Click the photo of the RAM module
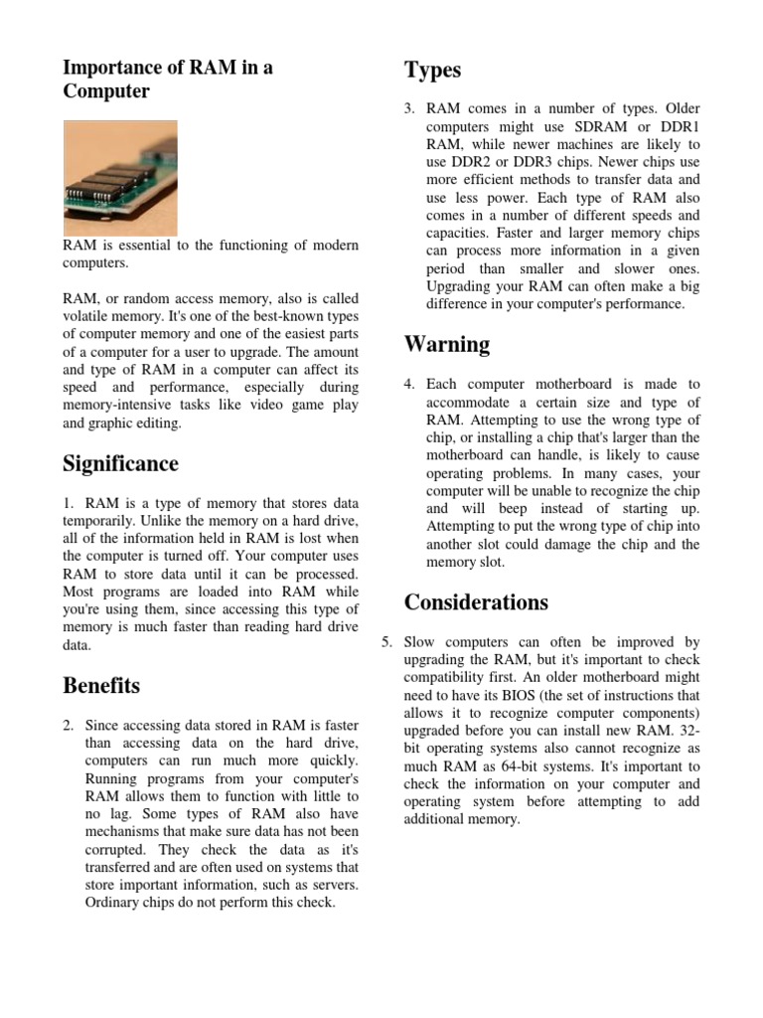tap(120, 178)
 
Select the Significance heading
tap(120, 464)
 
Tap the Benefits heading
tap(100, 686)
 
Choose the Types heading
tap(432, 70)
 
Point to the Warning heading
tap(446, 345)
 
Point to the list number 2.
tap(69, 725)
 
